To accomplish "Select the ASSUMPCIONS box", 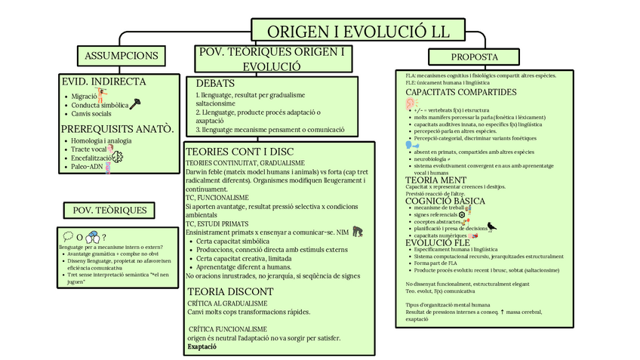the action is (x=122, y=56).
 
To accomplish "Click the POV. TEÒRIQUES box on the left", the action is (x=110, y=211).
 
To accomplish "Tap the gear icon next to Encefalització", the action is (x=117, y=157).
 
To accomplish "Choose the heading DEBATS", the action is (x=216, y=83).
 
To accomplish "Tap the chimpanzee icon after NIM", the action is (x=357, y=232).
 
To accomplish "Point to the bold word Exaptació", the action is (x=202, y=347).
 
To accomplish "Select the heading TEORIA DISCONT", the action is (x=230, y=291).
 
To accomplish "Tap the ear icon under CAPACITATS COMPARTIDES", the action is (x=411, y=103).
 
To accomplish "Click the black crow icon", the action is (x=491, y=225).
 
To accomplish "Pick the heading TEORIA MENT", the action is (x=437, y=180).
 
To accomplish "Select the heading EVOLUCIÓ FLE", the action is (x=438, y=242).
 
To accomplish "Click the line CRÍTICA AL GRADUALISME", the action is (x=228, y=303).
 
